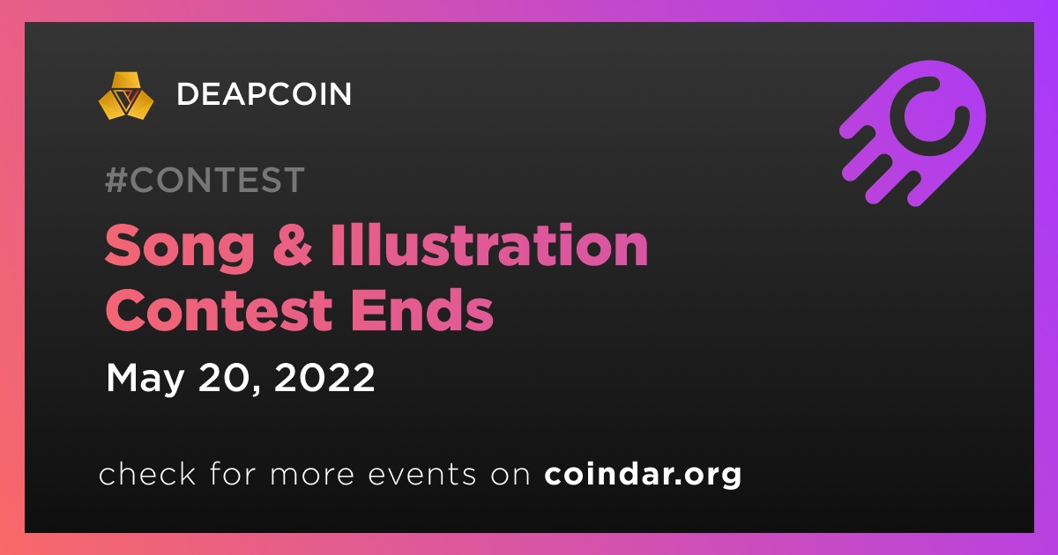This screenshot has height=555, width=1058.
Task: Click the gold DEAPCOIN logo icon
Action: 126,96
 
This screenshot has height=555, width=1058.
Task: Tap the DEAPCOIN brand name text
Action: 264,94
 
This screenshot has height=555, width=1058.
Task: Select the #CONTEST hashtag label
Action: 205,180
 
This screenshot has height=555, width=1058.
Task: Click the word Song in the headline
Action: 180,248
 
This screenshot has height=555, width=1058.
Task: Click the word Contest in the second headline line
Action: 220,310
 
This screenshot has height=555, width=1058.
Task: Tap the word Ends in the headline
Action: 421,309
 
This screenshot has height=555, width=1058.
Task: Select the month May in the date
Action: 145,379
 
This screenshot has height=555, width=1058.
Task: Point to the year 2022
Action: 324,378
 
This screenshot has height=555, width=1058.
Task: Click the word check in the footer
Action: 147,473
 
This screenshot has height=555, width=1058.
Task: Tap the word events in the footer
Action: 421,475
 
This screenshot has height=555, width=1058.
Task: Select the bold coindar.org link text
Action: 643,474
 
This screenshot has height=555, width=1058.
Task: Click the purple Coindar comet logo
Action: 913,134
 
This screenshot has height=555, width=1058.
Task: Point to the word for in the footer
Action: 233,473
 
